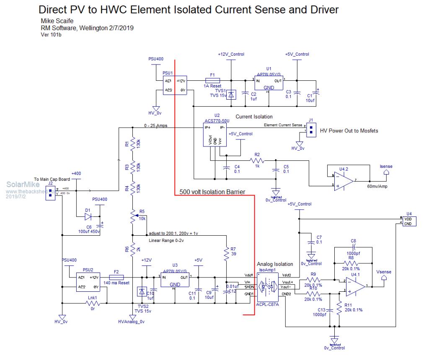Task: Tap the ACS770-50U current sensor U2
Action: coord(214,135)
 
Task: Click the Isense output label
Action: coord(385,171)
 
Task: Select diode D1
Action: coord(88,217)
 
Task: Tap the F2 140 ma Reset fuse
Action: coord(116,277)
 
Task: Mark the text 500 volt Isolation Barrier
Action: coord(212,192)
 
